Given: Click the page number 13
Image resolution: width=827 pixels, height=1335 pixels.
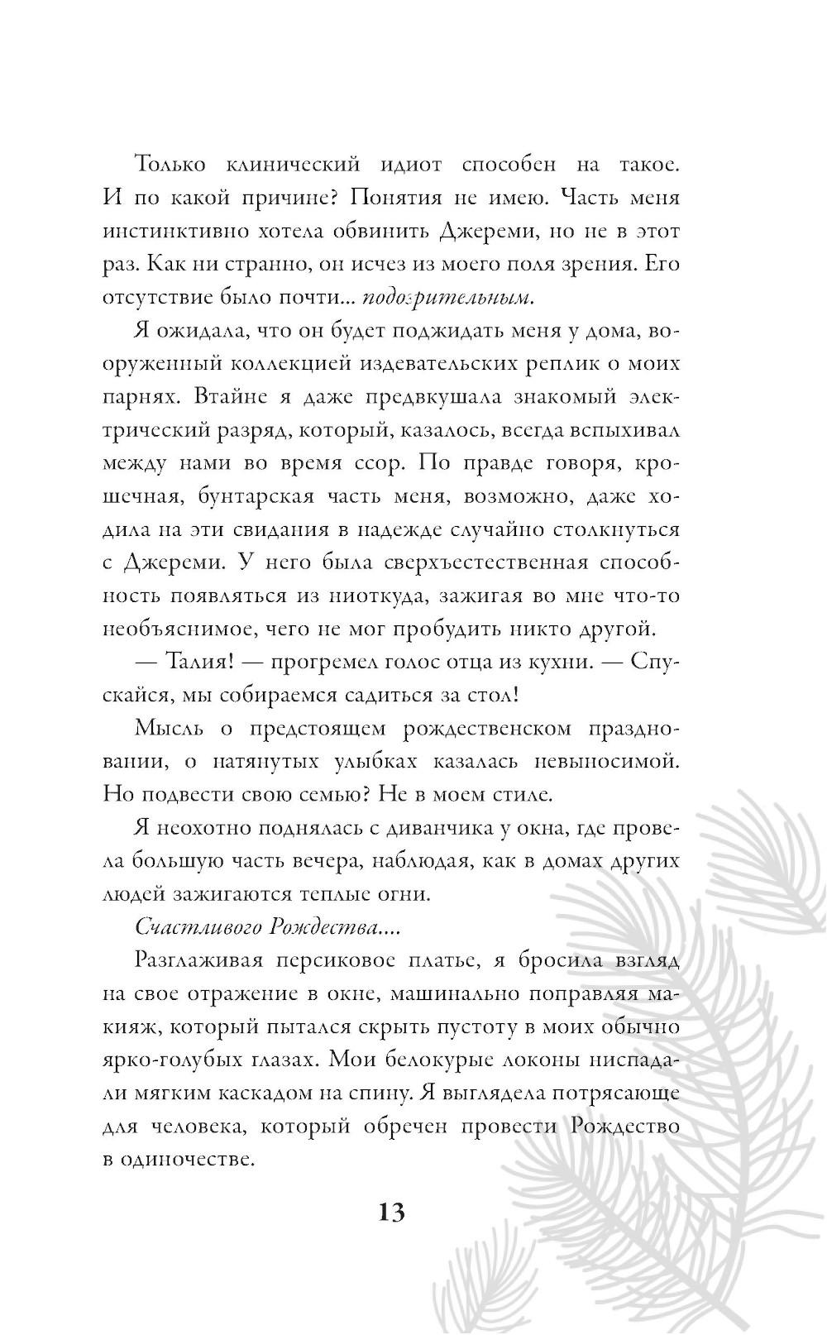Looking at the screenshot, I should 392,1213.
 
